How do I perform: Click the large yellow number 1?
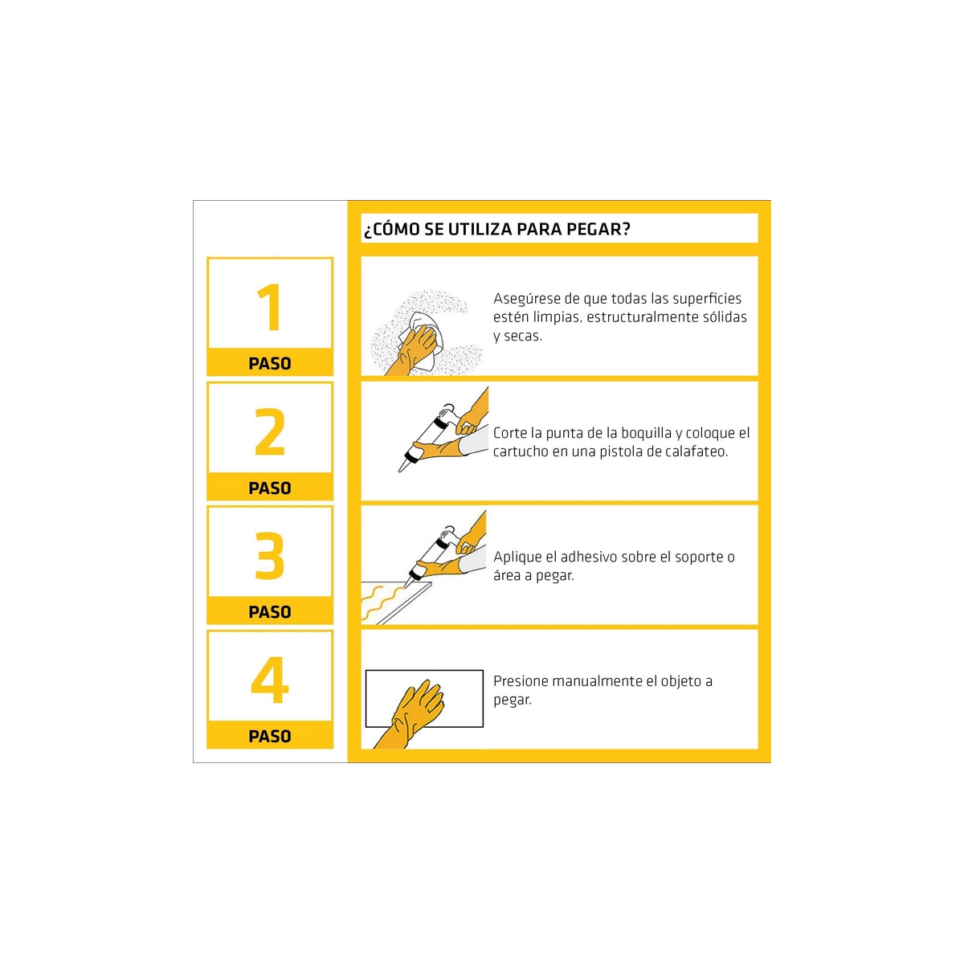click(x=270, y=307)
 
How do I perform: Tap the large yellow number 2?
click(x=270, y=431)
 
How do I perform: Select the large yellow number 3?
click(x=270, y=555)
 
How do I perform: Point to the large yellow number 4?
click(x=270, y=680)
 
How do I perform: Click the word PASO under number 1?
click(x=270, y=363)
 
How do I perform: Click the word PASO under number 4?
click(x=270, y=736)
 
